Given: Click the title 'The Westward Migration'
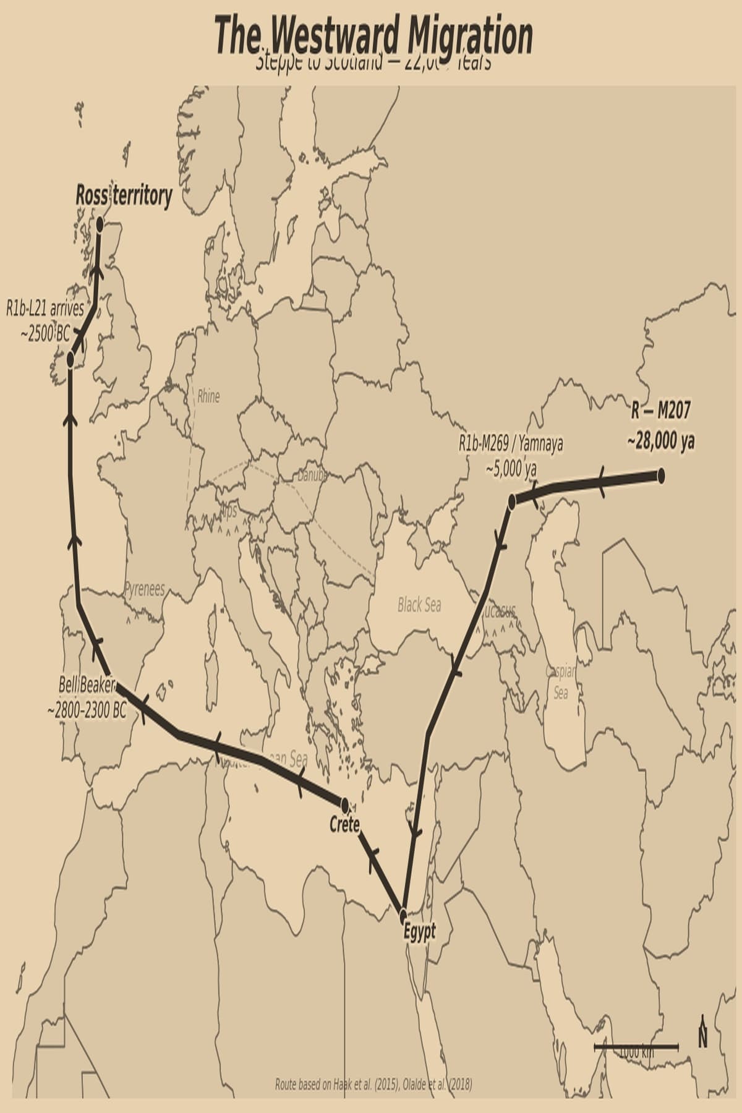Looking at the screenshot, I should click(x=373, y=36).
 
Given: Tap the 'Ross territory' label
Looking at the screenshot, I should click(x=124, y=195).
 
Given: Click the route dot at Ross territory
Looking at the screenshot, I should click(x=100, y=224).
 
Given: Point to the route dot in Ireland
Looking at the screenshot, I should click(x=70, y=359).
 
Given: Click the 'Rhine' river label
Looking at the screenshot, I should click(x=208, y=396).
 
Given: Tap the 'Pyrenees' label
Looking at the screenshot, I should click(x=145, y=589).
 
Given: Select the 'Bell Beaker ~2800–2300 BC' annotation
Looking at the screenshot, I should click(x=87, y=698).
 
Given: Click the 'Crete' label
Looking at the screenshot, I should click(x=344, y=824).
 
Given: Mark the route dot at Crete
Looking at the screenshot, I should click(x=345, y=805).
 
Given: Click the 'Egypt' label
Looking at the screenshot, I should click(x=419, y=931).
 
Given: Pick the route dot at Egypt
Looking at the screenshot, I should click(x=404, y=915).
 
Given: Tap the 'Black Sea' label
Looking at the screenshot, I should click(x=419, y=605).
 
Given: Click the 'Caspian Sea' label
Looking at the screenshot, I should click(x=561, y=682).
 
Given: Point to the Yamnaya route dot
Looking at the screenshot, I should click(x=512, y=501).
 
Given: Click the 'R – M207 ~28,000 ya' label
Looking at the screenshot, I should click(x=660, y=425).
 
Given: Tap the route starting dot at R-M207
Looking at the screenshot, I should click(x=660, y=475).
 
